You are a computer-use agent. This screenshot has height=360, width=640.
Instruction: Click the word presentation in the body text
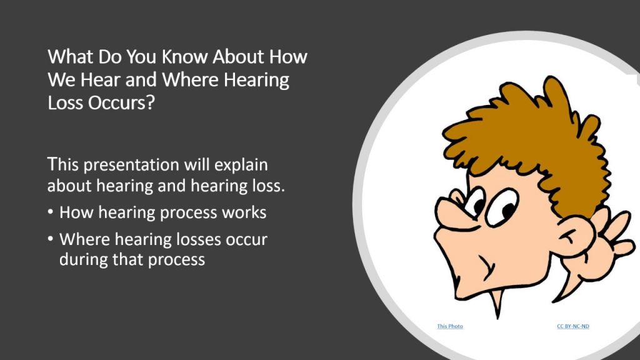click(131, 165)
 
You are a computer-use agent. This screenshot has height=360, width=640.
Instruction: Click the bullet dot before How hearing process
click(50, 212)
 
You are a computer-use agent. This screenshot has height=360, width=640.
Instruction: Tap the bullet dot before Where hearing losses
click(50, 238)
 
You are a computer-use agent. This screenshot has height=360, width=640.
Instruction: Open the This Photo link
click(450, 326)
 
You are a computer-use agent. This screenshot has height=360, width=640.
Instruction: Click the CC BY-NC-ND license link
click(573, 326)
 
